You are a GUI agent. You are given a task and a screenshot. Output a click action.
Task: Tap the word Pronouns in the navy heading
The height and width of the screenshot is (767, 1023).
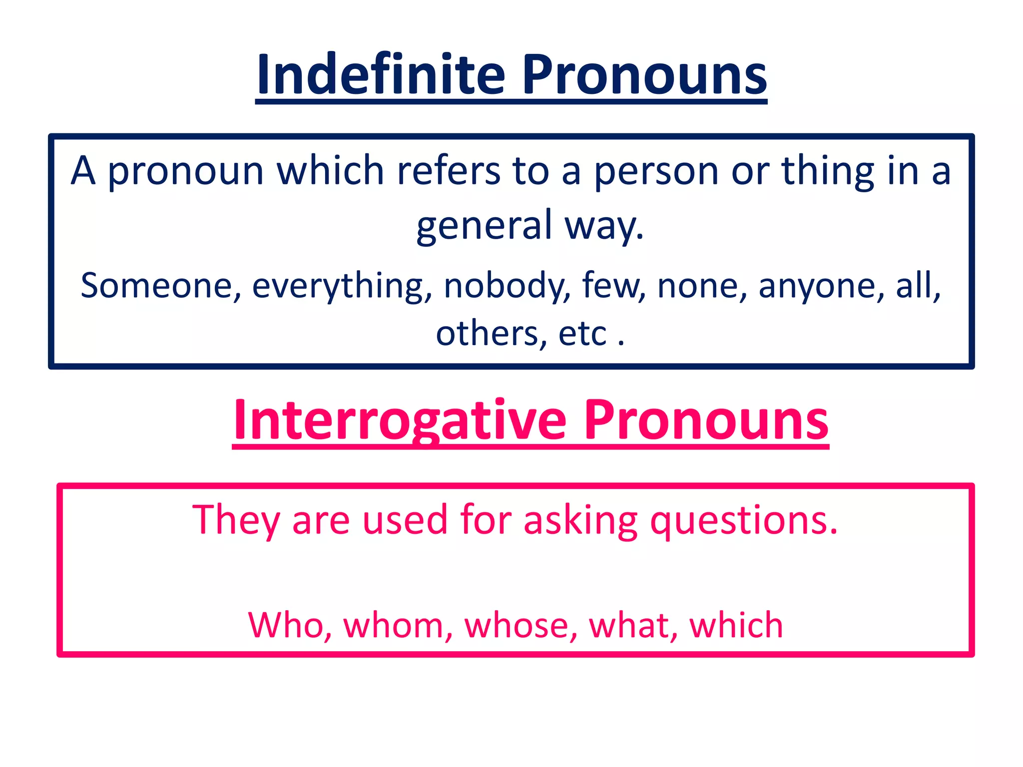644,75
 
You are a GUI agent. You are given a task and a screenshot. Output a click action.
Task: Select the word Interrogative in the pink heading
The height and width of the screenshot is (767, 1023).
400,420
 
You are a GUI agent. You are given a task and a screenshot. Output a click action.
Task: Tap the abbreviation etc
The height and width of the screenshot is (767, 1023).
582,334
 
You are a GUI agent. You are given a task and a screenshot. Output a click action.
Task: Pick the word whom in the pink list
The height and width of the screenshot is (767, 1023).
397,625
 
